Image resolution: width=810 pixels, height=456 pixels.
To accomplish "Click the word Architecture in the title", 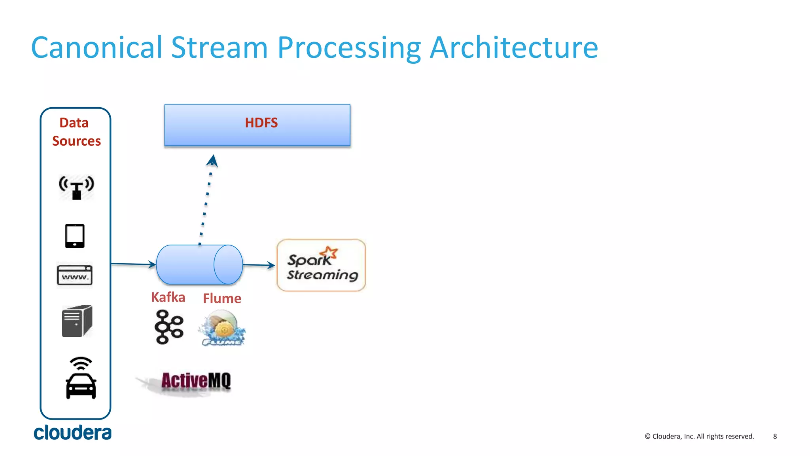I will pos(513,47).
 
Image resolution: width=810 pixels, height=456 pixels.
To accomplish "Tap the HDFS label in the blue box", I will pos(261,123).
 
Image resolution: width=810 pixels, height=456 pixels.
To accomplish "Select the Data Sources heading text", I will pos(76,132).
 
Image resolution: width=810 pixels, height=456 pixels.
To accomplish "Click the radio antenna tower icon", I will pos(76,187).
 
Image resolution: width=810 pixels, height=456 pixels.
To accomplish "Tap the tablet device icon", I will pos(75,236).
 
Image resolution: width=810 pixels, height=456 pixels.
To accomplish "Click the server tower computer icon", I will pos(77,321).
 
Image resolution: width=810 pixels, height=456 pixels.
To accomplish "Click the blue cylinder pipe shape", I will pos(199,264).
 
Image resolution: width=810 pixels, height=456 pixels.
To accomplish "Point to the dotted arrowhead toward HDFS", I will pos(213,160).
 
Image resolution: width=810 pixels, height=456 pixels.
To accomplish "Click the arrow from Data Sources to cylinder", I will pos(133,264).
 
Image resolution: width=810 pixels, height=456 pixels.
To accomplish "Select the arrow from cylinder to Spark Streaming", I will pos(259,265).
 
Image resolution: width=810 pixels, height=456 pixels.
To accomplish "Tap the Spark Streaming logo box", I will pos(321,265).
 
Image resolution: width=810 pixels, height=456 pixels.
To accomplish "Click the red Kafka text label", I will pos(168,297).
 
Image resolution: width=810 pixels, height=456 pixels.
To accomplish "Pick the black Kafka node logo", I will pos(169,327).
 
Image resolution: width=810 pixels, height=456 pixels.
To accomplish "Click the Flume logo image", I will pos(222,328).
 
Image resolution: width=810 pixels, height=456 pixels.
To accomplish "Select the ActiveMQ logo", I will pos(195,381).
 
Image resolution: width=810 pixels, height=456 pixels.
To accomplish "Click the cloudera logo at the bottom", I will pos(72,433).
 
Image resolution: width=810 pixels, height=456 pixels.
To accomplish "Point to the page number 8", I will pos(775,436).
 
